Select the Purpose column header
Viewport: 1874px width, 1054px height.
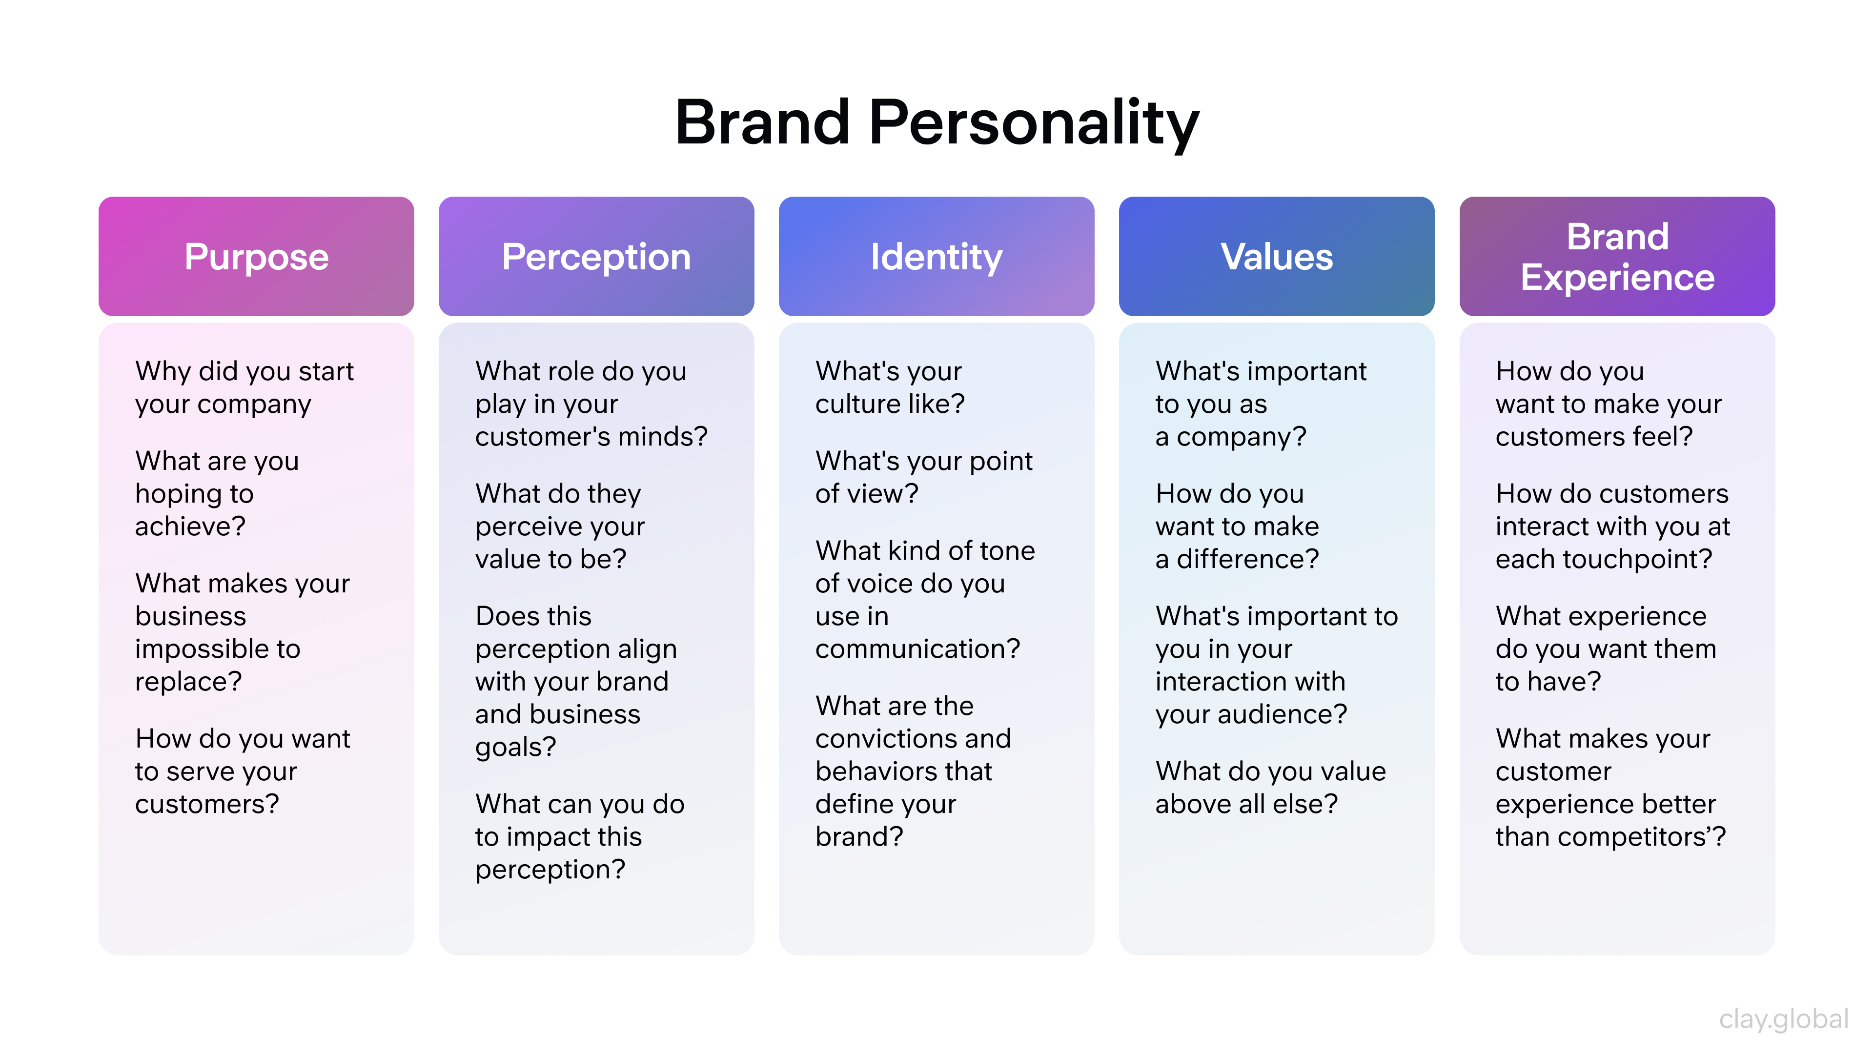pyautogui.click(x=256, y=257)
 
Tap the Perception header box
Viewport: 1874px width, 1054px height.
pyautogui.click(x=596, y=257)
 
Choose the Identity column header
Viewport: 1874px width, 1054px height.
pyautogui.click(x=937, y=257)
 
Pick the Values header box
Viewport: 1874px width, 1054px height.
pyautogui.click(x=1276, y=257)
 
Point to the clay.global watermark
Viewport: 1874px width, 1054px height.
pyautogui.click(x=1783, y=1019)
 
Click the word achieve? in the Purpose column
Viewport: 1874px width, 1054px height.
pyautogui.click(x=191, y=526)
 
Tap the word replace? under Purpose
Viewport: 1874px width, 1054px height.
pyautogui.click(x=188, y=682)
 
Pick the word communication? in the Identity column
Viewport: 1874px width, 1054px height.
pyautogui.click(x=917, y=649)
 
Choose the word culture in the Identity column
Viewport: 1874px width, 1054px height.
pyautogui.click(x=857, y=404)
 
